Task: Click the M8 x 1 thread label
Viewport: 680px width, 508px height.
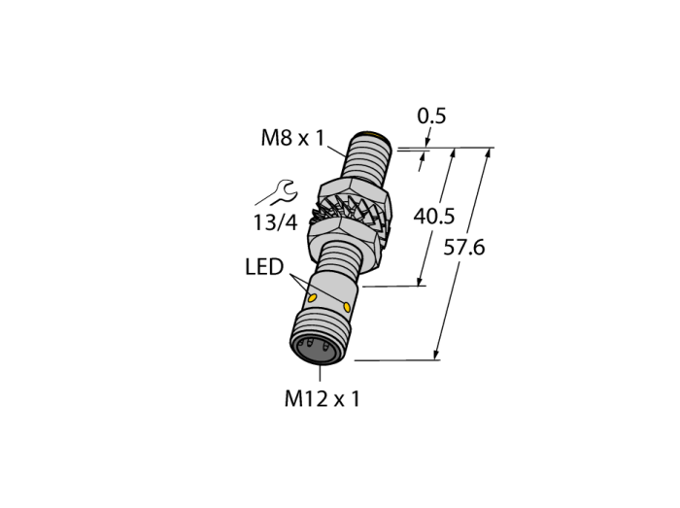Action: pyautogui.click(x=292, y=138)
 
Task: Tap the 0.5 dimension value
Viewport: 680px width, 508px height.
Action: pyautogui.click(x=431, y=117)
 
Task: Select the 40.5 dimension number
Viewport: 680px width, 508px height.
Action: pyautogui.click(x=433, y=217)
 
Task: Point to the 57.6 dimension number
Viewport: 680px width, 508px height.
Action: pyautogui.click(x=464, y=248)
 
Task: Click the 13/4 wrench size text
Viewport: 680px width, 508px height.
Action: pyautogui.click(x=275, y=222)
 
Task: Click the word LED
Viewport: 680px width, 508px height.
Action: pyautogui.click(x=264, y=267)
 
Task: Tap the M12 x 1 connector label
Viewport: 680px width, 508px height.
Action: pyautogui.click(x=323, y=399)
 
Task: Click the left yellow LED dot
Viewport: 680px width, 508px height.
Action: pyautogui.click(x=312, y=298)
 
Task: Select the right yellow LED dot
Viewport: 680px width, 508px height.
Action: pyautogui.click(x=347, y=307)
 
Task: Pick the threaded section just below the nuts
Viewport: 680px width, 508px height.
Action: pyautogui.click(x=341, y=258)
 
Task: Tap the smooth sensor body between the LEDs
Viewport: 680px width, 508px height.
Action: pyautogui.click(x=332, y=294)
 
